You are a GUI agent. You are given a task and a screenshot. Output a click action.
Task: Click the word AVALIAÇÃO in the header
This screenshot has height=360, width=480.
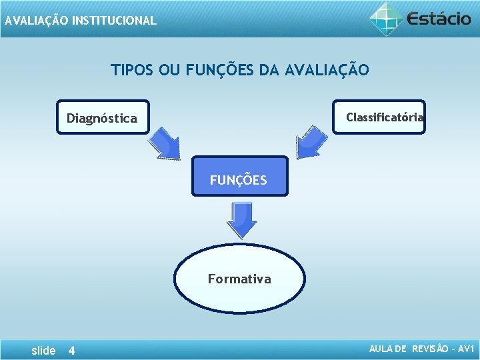(36, 21)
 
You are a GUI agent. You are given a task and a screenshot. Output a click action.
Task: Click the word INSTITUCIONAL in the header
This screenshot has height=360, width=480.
(114, 21)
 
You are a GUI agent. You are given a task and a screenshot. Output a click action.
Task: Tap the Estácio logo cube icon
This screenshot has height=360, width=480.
(387, 18)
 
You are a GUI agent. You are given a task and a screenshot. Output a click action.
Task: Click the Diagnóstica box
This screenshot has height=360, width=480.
(103, 118)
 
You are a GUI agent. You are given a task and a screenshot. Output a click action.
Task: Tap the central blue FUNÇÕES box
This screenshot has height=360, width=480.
(239, 177)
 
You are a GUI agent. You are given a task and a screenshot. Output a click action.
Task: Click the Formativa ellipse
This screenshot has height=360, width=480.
(239, 278)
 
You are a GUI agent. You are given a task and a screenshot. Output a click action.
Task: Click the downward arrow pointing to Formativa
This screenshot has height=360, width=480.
(241, 219)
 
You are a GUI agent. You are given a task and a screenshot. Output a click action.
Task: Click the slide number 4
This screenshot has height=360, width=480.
(72, 351)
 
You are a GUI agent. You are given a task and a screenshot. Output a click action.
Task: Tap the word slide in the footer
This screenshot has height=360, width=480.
(44, 351)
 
